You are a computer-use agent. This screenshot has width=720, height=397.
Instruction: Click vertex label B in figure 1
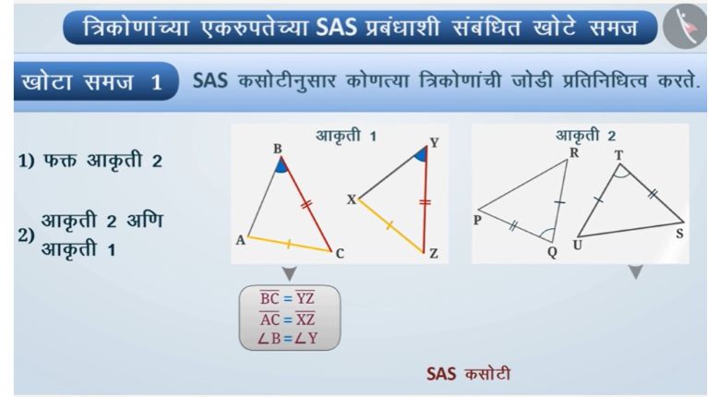pos(277,149)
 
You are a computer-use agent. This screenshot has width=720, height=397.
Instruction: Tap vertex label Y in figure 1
pos(434,143)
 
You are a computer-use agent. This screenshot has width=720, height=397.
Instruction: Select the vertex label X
pos(352,199)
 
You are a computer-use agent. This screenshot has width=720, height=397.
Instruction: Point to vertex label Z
pos(434,254)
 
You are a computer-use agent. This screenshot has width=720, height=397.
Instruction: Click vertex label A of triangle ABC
pos(240,240)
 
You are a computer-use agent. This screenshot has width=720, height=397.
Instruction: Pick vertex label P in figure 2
pos(477,221)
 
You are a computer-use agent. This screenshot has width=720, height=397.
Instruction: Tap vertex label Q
pos(552,252)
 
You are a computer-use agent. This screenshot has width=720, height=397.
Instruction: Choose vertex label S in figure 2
pos(679,234)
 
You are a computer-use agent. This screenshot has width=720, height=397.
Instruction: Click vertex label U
pos(578,246)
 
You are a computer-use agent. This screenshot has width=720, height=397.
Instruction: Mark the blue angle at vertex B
pos(282,166)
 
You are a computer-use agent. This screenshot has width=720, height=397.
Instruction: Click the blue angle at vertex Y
pos(422,155)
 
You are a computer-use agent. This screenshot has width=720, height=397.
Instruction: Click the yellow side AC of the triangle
pos(289,244)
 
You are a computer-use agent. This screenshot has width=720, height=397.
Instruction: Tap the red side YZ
pos(426,199)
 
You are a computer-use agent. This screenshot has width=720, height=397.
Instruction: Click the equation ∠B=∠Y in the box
pos(287,339)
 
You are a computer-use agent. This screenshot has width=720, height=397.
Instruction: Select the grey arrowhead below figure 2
pos(635,272)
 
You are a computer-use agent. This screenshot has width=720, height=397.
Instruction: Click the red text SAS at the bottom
pos(441,374)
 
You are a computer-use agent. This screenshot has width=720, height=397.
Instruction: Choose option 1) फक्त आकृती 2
pos(90,161)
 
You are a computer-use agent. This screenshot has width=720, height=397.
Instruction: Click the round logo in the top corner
pos(685,27)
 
